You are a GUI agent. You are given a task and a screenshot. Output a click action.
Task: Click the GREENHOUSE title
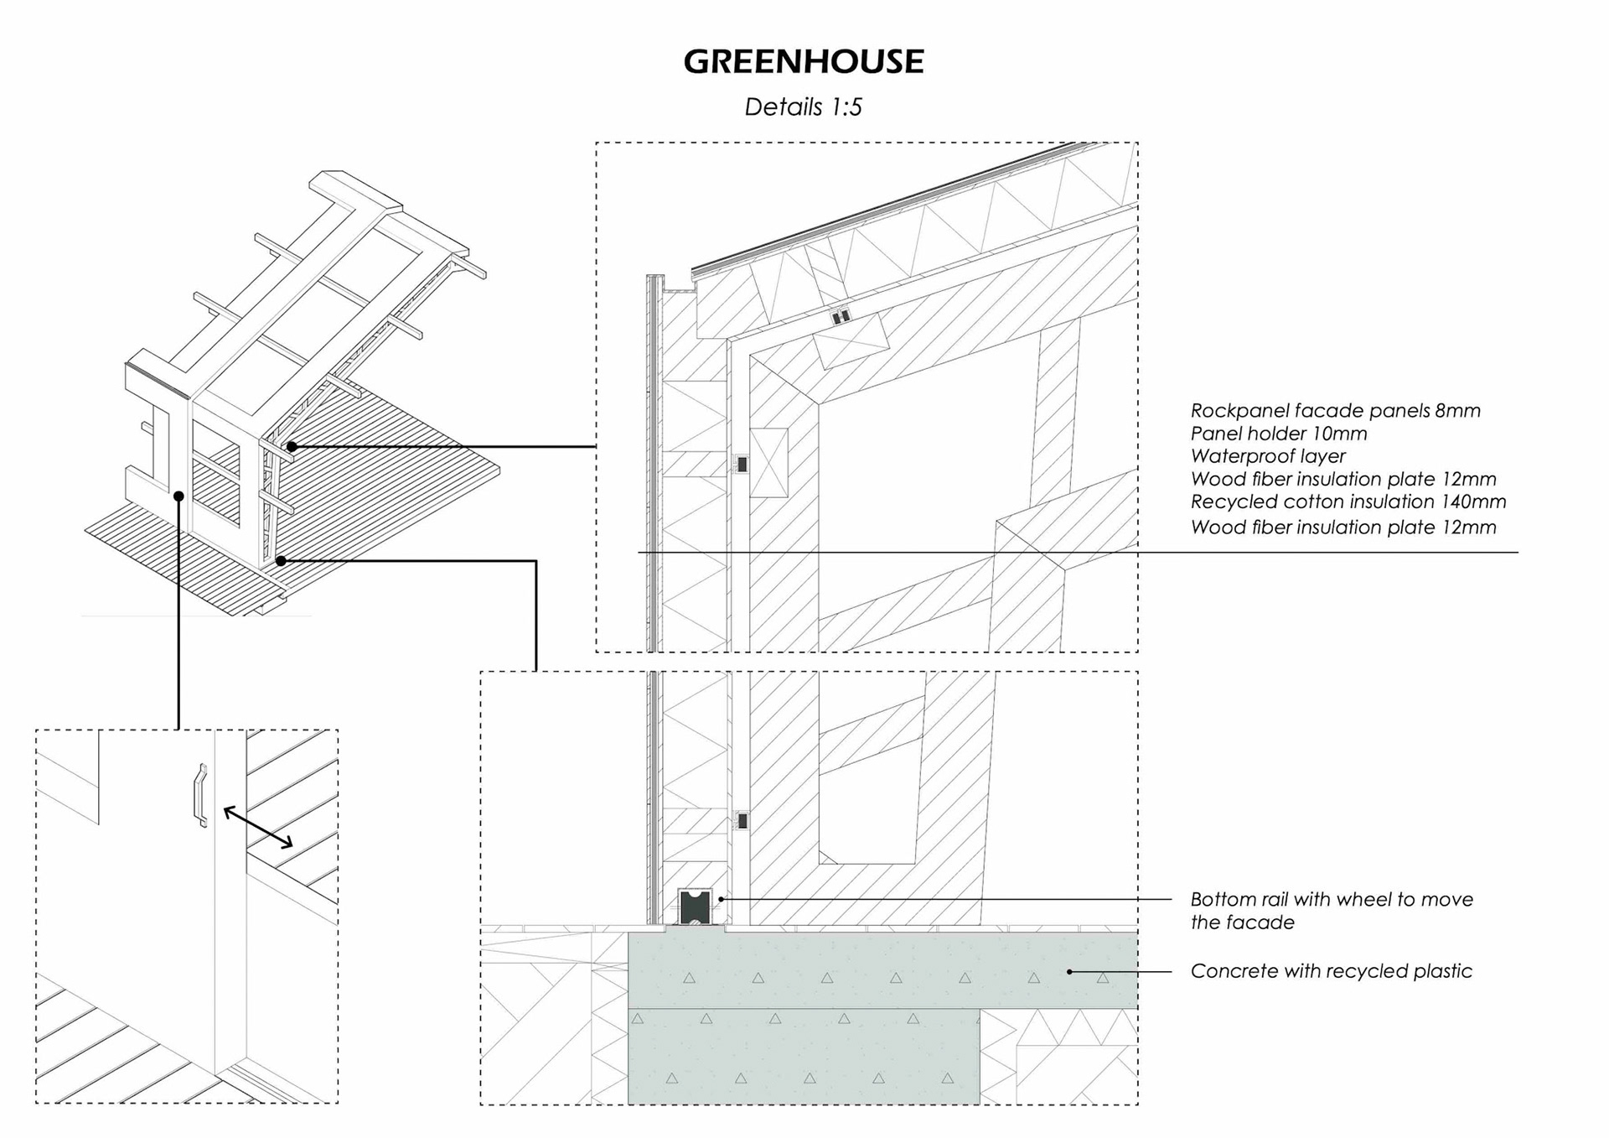(803, 61)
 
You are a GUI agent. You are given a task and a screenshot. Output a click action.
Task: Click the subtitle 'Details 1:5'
(803, 107)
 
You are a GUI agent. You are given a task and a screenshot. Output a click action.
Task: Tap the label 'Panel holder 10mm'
(1278, 434)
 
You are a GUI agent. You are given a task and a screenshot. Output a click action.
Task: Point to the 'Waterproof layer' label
(1267, 456)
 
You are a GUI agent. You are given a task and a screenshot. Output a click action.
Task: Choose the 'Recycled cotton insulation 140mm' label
(1348, 501)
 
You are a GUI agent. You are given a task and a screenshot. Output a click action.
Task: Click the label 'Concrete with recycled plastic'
(1331, 971)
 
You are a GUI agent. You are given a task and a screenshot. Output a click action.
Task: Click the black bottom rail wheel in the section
(694, 908)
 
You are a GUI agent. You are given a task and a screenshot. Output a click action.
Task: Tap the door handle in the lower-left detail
(200, 795)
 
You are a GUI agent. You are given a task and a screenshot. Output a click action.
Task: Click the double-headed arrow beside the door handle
(258, 828)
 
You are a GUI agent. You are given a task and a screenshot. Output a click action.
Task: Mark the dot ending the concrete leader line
(1069, 972)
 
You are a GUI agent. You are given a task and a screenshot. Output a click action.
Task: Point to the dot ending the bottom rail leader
(722, 899)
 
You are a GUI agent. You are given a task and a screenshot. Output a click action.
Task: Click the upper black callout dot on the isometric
(292, 447)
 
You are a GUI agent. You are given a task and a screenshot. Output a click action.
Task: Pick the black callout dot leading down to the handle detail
(178, 496)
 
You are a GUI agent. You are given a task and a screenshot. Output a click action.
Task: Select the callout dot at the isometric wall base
(281, 561)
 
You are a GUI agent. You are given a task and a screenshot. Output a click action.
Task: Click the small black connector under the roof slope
(841, 316)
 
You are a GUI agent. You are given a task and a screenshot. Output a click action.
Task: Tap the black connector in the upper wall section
(742, 464)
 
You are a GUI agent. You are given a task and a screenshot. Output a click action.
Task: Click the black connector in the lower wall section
(742, 821)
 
